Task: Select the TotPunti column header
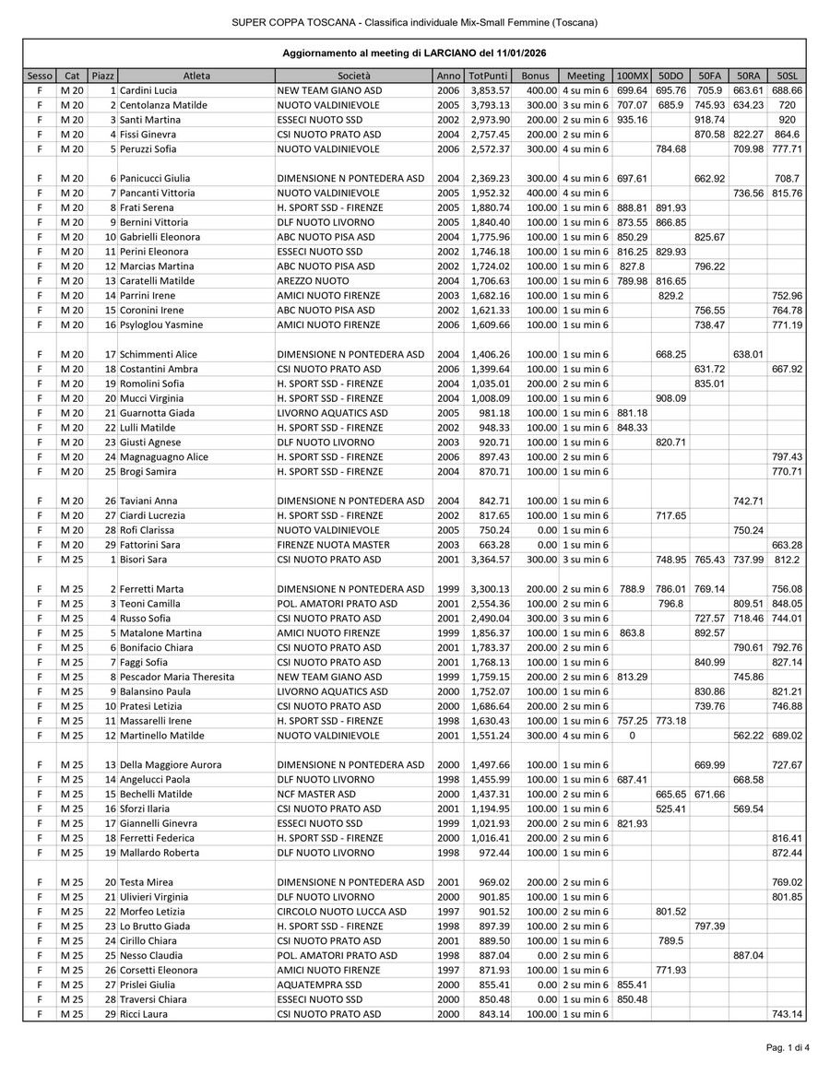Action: coord(487,76)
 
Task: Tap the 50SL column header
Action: coord(787,76)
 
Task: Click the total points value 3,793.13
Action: coord(490,105)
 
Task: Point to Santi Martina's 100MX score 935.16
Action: coord(632,120)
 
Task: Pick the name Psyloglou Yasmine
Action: coord(163,325)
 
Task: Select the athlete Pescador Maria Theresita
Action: coord(177,677)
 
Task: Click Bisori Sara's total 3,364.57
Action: coord(490,560)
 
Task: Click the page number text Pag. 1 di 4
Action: coord(787,1047)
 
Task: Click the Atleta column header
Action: coord(196,76)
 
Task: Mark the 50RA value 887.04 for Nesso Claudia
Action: coord(747,956)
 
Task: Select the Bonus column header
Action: coord(535,76)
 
